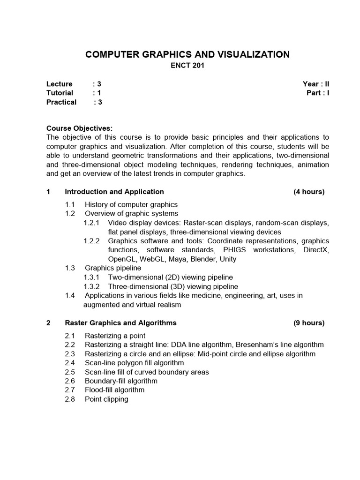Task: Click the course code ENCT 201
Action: pos(187,66)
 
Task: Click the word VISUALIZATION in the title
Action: pos(248,55)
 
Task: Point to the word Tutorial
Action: pos(60,93)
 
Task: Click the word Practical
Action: pos(61,102)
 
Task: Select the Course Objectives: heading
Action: pos(80,128)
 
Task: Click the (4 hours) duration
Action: pos(309,192)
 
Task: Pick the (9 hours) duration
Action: pos(309,323)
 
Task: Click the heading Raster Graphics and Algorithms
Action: pos(120,323)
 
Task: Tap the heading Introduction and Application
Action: pos(114,192)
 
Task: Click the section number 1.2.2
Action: pos(92,241)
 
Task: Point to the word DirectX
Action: pos(316,250)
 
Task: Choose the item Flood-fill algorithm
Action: pos(114,390)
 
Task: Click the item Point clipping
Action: pos(106,399)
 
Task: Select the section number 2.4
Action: pos(70,363)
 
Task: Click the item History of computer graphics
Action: pos(131,205)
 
